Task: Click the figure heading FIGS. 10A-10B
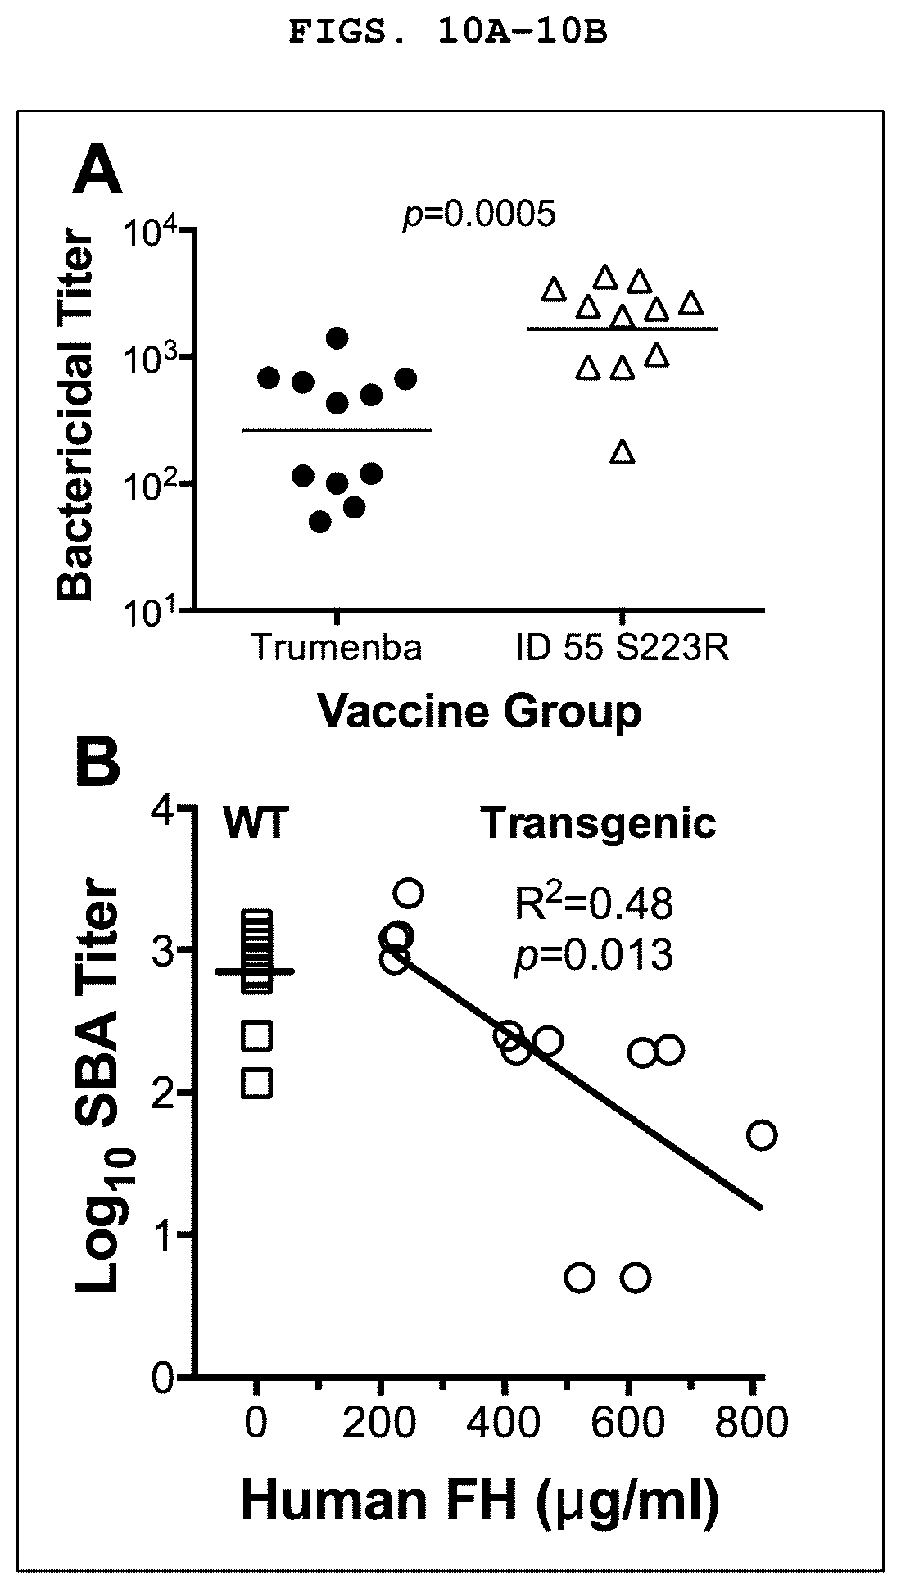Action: coord(448,34)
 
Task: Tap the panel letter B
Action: coord(97,762)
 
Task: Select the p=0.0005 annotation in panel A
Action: coord(479,215)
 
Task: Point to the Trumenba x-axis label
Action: coord(336,648)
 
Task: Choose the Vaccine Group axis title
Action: coord(479,711)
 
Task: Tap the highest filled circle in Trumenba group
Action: coord(337,337)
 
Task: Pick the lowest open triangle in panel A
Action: coord(623,452)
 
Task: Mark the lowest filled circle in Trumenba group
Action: coord(320,522)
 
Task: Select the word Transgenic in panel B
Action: coord(599,823)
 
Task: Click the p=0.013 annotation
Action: coord(593,955)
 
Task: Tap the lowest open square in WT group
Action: coord(257,1083)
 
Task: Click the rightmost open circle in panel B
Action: coord(762,1135)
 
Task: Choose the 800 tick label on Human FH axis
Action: coord(751,1423)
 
